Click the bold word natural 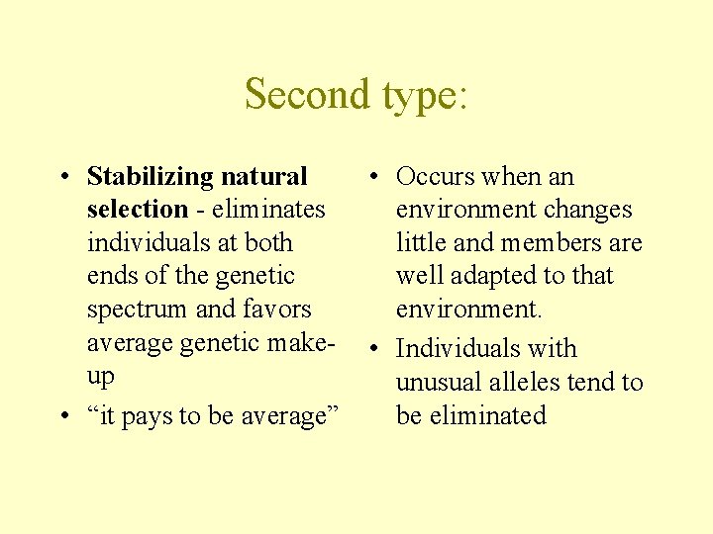(264, 177)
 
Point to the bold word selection (137, 210)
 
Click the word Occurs (435, 177)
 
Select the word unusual (440, 382)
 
